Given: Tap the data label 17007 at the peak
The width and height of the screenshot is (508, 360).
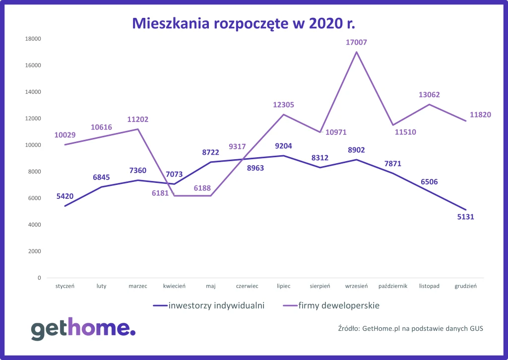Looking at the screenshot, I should coord(356,43).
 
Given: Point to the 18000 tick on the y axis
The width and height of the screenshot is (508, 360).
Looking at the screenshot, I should coord(33,39).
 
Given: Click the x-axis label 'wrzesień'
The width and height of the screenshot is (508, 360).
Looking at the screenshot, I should coord(356,286).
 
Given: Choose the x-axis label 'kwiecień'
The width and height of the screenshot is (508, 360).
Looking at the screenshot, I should coord(174,286).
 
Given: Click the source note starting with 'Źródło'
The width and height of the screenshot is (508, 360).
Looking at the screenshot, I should coord(410,328).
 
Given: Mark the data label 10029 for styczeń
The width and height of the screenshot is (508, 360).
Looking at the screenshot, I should coord(65,135).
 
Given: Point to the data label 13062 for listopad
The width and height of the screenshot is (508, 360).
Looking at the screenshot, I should coord(429,95).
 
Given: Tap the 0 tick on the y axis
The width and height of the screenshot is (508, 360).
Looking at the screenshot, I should coord(39,278).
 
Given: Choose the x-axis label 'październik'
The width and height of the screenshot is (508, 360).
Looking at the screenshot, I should coord(393,286).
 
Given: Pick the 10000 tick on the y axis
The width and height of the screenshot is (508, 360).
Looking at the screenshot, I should coord(33,145).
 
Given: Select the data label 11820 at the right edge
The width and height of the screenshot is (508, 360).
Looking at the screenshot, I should coord(480,115).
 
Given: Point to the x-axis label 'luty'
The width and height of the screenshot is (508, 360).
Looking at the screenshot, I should coord(101,286).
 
